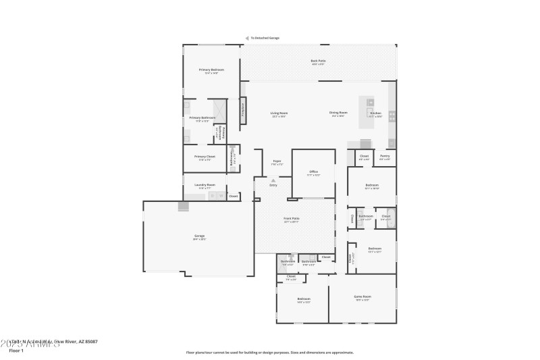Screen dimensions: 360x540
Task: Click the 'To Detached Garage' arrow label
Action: click(x=263, y=38)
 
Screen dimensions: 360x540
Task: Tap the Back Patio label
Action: click(x=317, y=61)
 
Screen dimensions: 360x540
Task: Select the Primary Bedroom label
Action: click(x=211, y=71)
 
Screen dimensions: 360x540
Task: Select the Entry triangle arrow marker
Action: click(x=273, y=180)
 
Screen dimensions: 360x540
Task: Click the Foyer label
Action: click(x=277, y=162)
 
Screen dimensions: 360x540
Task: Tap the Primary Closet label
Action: click(x=205, y=157)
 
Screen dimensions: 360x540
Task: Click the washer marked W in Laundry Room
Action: click(x=212, y=196)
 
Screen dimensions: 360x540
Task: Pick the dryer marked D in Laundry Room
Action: click(x=220, y=196)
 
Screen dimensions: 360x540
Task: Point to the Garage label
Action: click(x=199, y=236)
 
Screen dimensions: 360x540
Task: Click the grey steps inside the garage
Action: click(x=184, y=206)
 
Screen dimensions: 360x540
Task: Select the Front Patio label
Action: click(x=292, y=220)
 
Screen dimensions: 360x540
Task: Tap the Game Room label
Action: click(x=362, y=297)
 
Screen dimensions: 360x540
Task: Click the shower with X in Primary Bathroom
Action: click(x=219, y=109)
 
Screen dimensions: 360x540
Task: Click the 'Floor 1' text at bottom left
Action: click(x=17, y=351)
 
